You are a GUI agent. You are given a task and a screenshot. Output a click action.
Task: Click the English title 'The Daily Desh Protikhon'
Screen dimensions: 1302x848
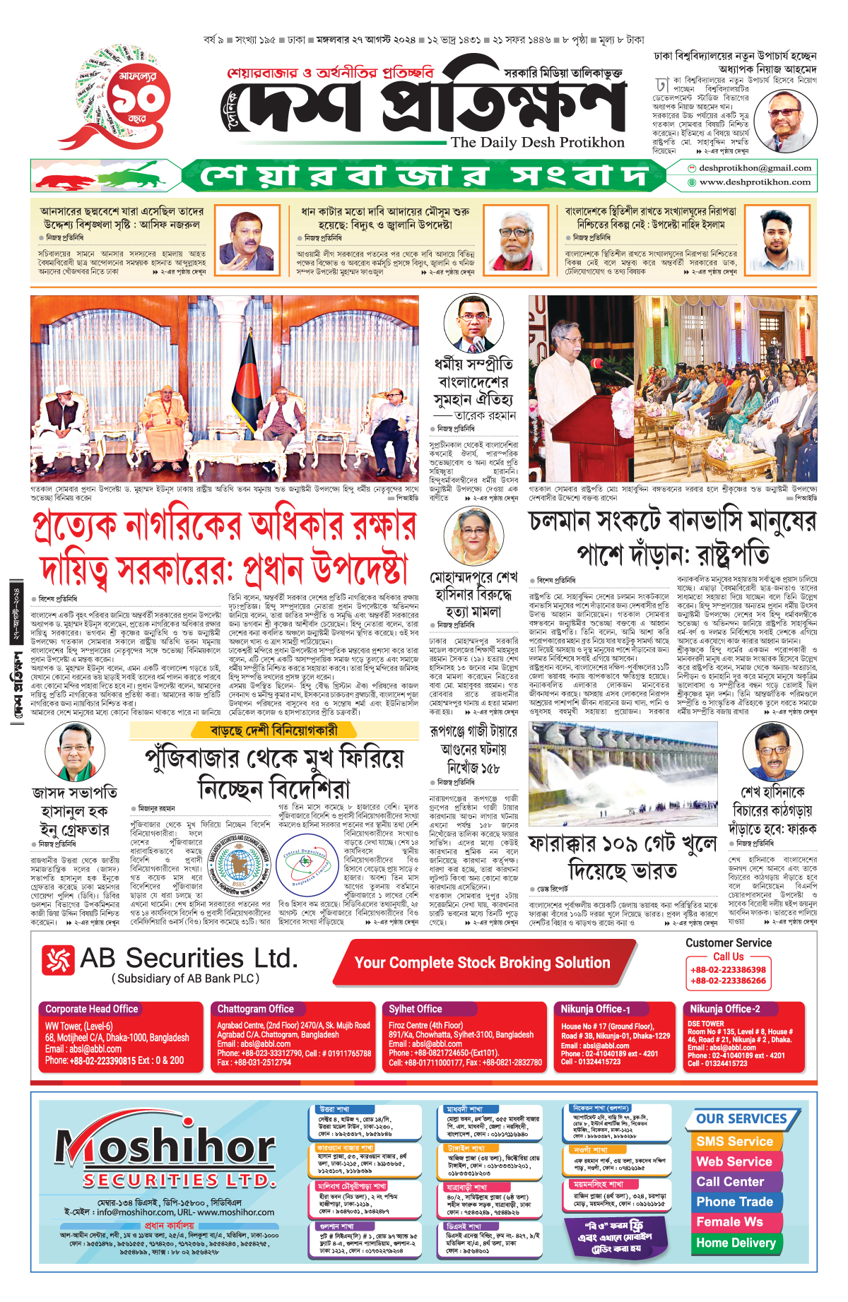tap(538, 143)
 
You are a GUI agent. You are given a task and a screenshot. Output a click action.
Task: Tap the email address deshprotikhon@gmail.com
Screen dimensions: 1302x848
tap(755, 168)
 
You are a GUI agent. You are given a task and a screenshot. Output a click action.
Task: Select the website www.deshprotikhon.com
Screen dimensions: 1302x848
tap(755, 182)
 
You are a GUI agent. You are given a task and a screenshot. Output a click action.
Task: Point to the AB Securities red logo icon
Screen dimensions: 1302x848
tap(58, 960)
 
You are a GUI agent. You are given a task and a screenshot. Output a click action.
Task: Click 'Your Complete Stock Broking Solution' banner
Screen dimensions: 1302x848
tap(482, 963)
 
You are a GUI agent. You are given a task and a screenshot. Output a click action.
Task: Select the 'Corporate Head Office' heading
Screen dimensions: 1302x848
tap(92, 1009)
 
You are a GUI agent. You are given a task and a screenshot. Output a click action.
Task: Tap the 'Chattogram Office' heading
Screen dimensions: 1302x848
tap(255, 1009)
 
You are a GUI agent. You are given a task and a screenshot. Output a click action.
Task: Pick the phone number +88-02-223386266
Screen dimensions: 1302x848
tap(728, 981)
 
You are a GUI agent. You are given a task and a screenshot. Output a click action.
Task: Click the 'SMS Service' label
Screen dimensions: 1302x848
tap(734, 1141)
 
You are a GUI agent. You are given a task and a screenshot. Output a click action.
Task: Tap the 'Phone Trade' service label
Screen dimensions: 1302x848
tap(734, 1202)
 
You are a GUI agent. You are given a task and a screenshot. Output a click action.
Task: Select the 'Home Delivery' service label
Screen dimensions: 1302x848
tap(736, 1243)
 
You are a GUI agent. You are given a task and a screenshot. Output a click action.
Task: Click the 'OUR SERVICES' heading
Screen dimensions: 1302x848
tap(741, 1119)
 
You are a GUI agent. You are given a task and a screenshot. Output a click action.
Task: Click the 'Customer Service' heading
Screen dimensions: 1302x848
tap(728, 942)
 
